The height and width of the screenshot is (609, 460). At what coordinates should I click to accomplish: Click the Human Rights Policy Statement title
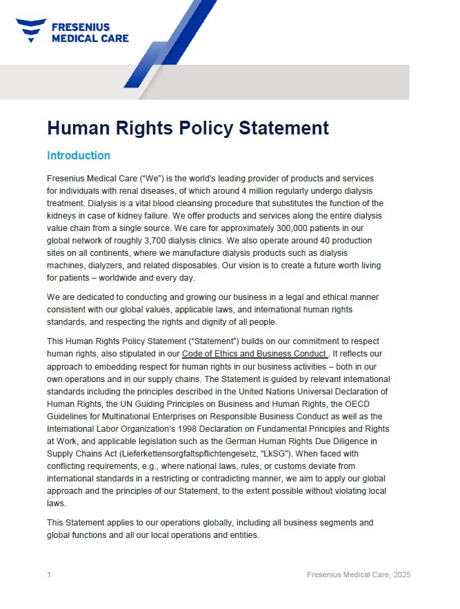[188, 128]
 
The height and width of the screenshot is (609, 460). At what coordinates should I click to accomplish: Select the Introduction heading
[78, 156]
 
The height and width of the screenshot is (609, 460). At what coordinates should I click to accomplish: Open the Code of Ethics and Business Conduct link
[252, 354]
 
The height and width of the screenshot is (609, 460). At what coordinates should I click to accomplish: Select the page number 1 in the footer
[49, 575]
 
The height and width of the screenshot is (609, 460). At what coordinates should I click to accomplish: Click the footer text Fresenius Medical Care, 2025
[359, 575]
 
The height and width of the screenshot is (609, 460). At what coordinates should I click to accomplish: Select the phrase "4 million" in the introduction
[274, 191]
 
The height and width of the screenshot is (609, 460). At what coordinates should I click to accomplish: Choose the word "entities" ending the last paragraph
[242, 535]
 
